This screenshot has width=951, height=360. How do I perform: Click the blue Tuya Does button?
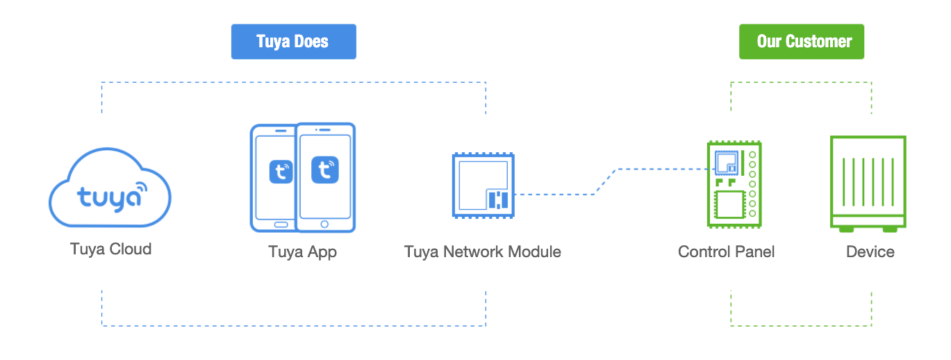294,42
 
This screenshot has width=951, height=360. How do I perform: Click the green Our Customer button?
802,42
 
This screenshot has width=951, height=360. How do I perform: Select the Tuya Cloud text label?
111,249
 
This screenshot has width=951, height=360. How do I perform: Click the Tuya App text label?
303,252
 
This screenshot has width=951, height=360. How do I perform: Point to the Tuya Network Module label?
483,252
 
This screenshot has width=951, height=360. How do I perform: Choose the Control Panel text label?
727,252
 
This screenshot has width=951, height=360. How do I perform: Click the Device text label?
870,252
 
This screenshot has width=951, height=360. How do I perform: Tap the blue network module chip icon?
483,186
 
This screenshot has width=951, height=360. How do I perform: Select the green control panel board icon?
734,185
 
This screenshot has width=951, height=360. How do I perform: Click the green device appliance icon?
868,183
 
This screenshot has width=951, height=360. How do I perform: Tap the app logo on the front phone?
325,170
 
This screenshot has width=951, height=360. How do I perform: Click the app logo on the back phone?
281,172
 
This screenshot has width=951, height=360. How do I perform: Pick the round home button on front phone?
324,224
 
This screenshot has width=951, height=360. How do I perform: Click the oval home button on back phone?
281,224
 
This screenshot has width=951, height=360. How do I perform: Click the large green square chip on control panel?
730,204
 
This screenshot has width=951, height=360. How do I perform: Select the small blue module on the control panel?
727,163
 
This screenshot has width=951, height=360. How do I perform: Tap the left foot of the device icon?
846,229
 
